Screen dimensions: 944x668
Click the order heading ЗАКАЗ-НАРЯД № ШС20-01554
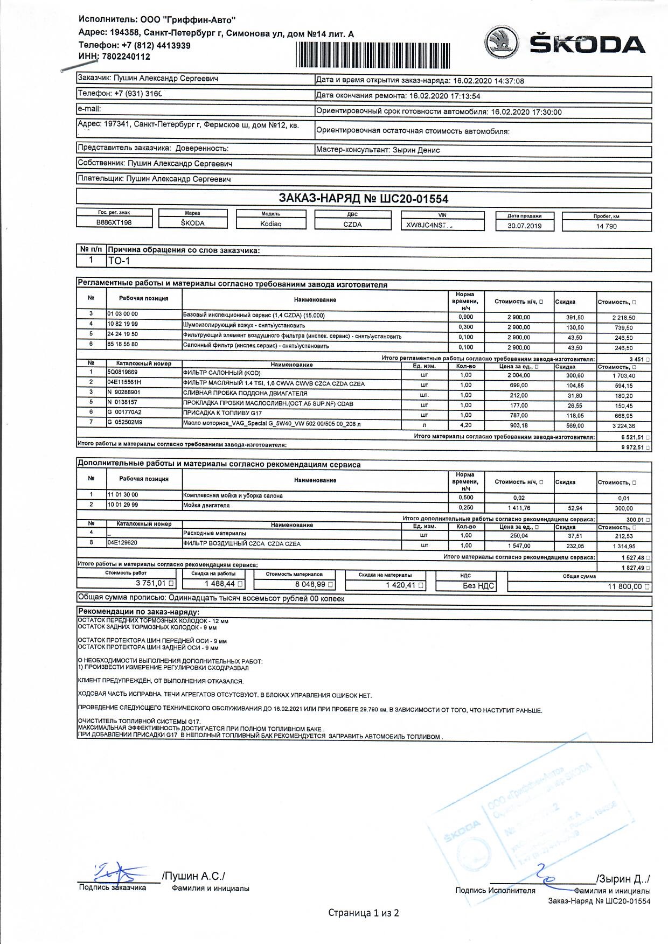(x=364, y=199)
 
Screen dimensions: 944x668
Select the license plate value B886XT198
(x=114, y=222)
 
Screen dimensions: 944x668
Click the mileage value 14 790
(x=606, y=226)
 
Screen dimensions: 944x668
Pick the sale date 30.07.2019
(x=524, y=226)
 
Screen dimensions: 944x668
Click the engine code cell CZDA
(x=352, y=225)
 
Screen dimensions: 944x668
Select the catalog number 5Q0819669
(x=123, y=372)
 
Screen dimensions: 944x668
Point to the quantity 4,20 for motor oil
(x=465, y=425)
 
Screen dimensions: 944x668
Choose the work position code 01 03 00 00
(x=123, y=314)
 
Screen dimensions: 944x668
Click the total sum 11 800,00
(x=624, y=586)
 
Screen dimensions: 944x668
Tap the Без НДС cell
(x=478, y=586)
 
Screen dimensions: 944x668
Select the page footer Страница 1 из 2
(x=364, y=913)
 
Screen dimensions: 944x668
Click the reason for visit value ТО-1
(x=120, y=261)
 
